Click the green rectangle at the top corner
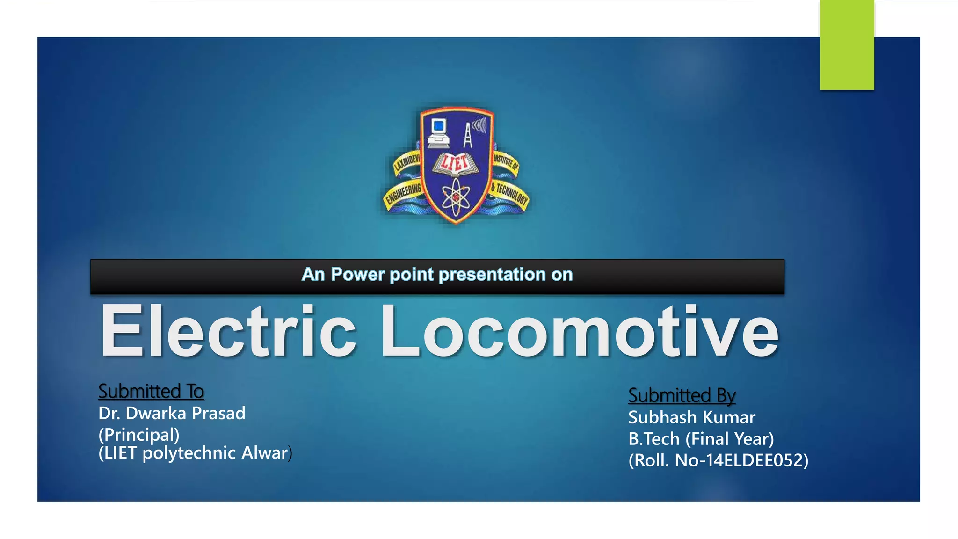(x=847, y=45)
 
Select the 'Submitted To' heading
(x=151, y=391)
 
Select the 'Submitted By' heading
(x=682, y=395)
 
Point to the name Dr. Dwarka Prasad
(x=172, y=413)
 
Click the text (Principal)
(x=139, y=435)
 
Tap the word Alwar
(x=265, y=453)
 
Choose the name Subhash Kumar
(x=691, y=417)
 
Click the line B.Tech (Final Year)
(x=701, y=439)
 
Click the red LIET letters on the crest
(x=455, y=163)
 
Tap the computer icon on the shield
(x=439, y=133)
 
